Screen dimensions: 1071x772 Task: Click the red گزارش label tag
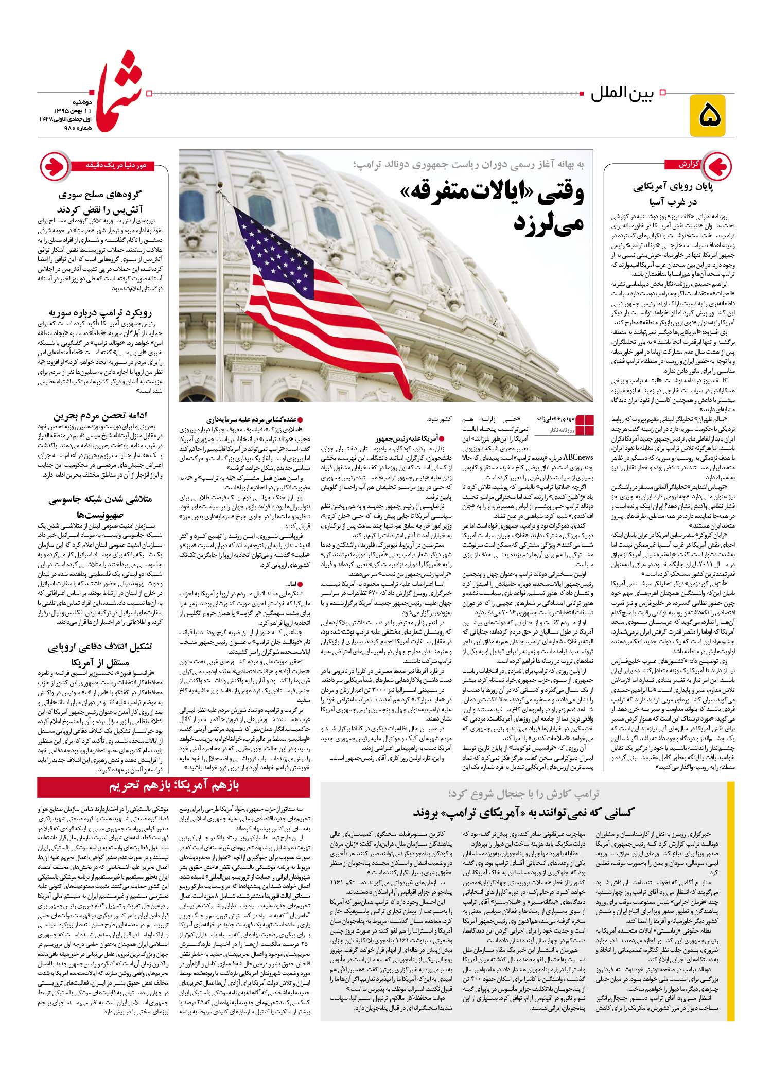point(681,165)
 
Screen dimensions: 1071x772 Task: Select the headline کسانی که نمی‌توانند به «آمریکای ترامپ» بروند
point(524,813)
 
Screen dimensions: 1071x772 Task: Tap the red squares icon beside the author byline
point(585,424)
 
